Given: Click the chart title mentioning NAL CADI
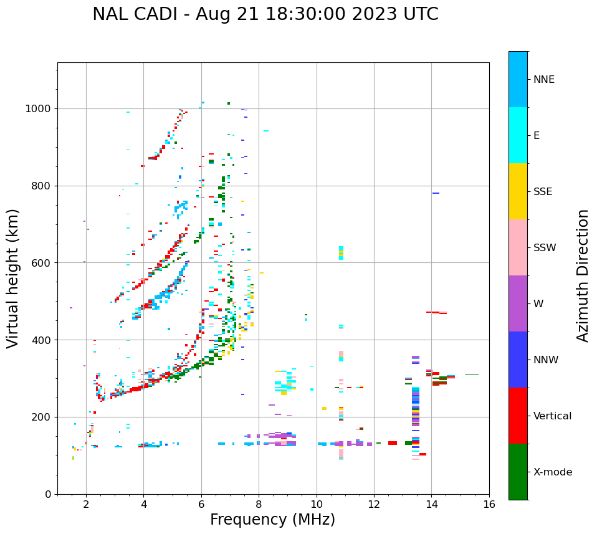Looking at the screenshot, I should pos(265,14).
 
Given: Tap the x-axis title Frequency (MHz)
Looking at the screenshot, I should pos(272,520).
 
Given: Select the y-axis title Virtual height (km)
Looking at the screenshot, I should pos(13,279).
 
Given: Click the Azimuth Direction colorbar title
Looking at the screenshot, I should pos(583,275).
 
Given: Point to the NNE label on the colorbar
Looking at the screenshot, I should pos(544,80).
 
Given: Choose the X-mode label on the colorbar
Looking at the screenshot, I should pos(553,472).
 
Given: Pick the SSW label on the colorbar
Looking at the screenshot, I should pos(545,248).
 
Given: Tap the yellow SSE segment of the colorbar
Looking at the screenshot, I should pos(518,191).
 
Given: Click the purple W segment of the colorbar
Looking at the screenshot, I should pos(518,303).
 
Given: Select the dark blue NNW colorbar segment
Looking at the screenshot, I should pos(518,360).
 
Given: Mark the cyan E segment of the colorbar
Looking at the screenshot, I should pos(518,135).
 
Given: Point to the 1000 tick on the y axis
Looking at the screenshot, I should pos(39,108).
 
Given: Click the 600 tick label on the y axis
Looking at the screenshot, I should pos(42,263).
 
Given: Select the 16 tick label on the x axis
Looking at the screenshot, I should pos(489,504).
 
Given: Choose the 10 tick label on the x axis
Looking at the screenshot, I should pos(317,504).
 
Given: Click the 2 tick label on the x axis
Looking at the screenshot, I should pos(86,504).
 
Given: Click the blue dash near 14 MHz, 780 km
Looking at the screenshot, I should pos(436,193).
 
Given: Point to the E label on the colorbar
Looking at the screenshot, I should pos(537,136).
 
